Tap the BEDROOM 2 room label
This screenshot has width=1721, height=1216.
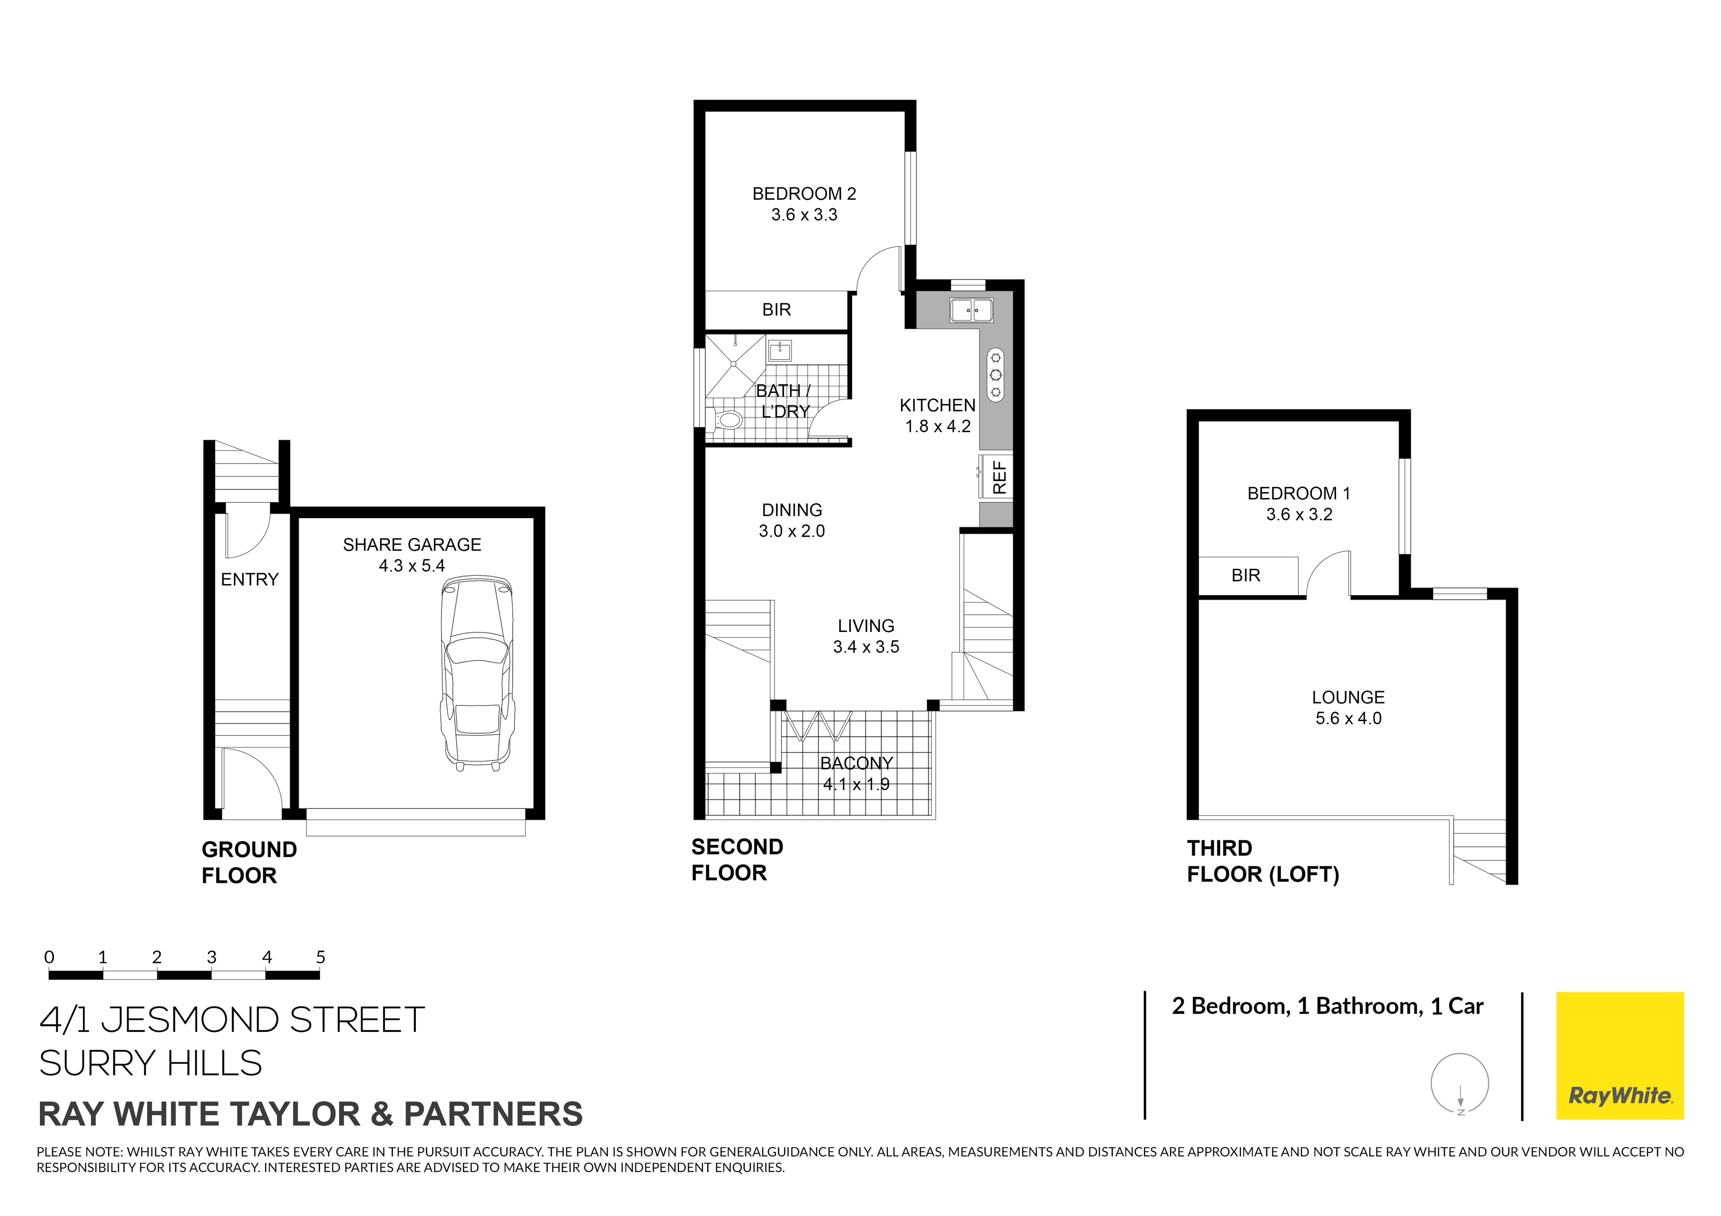tap(804, 194)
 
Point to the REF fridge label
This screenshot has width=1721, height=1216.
tap(999, 477)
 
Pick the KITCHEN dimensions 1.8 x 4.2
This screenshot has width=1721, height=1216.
tap(938, 426)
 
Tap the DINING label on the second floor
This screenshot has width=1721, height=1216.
tap(791, 510)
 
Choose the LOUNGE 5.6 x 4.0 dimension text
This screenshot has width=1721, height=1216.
tap(1348, 718)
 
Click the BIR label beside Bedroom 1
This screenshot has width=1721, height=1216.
tap(1246, 576)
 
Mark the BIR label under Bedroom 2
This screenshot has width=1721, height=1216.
tap(777, 309)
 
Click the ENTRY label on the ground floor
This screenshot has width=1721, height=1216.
tap(250, 579)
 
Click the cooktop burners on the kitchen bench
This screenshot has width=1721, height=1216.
tap(995, 374)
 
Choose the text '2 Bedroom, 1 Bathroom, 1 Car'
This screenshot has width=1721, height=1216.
tap(1327, 1006)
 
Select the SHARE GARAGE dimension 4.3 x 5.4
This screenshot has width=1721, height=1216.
tap(411, 566)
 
